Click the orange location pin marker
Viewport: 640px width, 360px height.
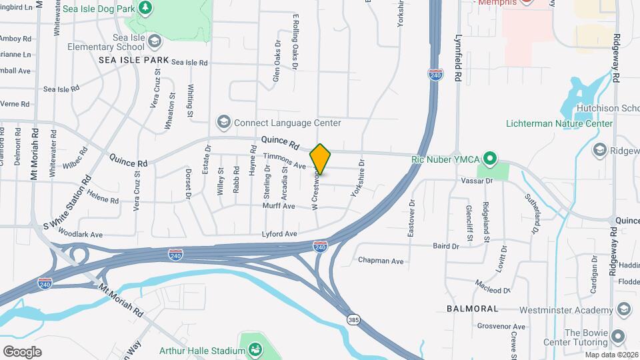(320, 159)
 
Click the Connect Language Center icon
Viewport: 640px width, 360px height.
(223, 123)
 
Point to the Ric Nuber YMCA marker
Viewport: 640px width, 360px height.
(490, 159)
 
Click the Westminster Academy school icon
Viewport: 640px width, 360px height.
(623, 309)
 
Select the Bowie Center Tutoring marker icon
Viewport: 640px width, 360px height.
(618, 337)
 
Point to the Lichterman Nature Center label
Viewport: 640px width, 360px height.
(559, 124)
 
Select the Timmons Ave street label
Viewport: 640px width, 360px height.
(284, 161)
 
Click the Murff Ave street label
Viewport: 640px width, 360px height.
(279, 206)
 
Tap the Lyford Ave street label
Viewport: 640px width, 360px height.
(279, 234)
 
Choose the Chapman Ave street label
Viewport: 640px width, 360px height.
(381, 261)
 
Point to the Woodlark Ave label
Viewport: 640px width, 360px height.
(80, 235)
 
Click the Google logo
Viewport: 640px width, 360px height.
(22, 351)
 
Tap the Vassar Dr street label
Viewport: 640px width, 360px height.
(476, 181)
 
